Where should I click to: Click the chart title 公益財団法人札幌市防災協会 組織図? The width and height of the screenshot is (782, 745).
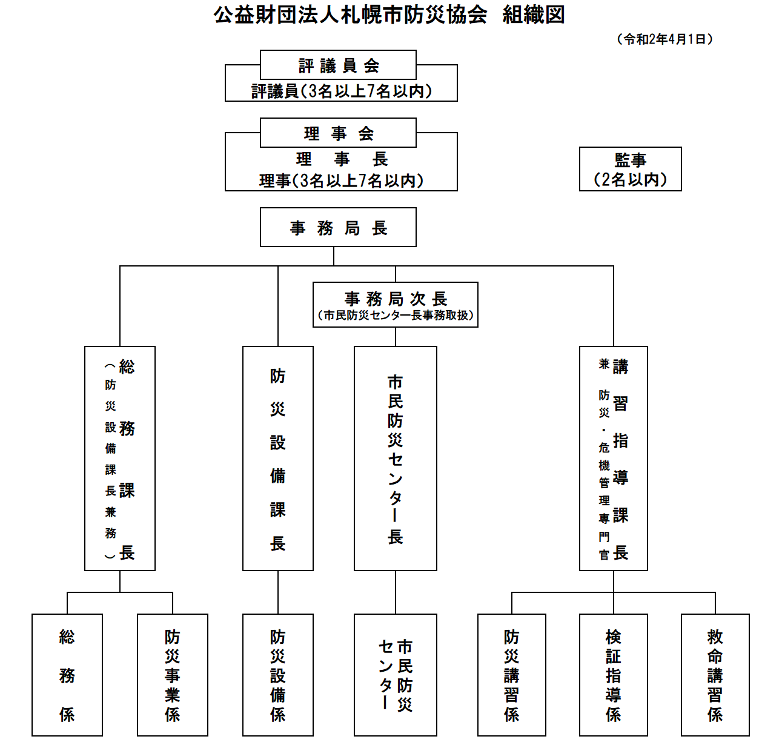[389, 15]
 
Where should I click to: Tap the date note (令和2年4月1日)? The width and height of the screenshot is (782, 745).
[664, 39]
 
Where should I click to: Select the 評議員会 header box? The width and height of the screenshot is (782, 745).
[338, 65]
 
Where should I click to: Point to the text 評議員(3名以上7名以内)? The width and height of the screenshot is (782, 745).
[342, 91]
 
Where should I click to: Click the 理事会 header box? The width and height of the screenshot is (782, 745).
[338, 133]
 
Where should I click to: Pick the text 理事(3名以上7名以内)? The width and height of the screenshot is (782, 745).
[342, 180]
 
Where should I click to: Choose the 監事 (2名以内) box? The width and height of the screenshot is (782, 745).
[630, 169]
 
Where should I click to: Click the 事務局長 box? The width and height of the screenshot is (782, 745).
[338, 227]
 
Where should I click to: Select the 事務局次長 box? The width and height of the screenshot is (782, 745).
[395, 299]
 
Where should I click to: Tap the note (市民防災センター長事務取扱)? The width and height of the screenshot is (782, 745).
[395, 316]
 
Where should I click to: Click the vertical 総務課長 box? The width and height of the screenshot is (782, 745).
[120, 458]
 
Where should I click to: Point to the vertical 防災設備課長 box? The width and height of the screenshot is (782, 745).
[278, 458]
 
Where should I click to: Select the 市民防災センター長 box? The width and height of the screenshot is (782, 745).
[395, 458]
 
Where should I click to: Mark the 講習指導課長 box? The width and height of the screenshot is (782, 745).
[613, 458]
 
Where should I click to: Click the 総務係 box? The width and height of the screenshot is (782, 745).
[67, 675]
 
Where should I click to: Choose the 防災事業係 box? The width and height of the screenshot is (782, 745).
[173, 675]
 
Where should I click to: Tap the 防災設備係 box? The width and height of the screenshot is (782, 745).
[278, 675]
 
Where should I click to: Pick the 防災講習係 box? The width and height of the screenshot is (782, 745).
[512, 675]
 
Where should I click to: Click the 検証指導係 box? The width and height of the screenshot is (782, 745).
[613, 675]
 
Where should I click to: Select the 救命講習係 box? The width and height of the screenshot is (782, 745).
[715, 675]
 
